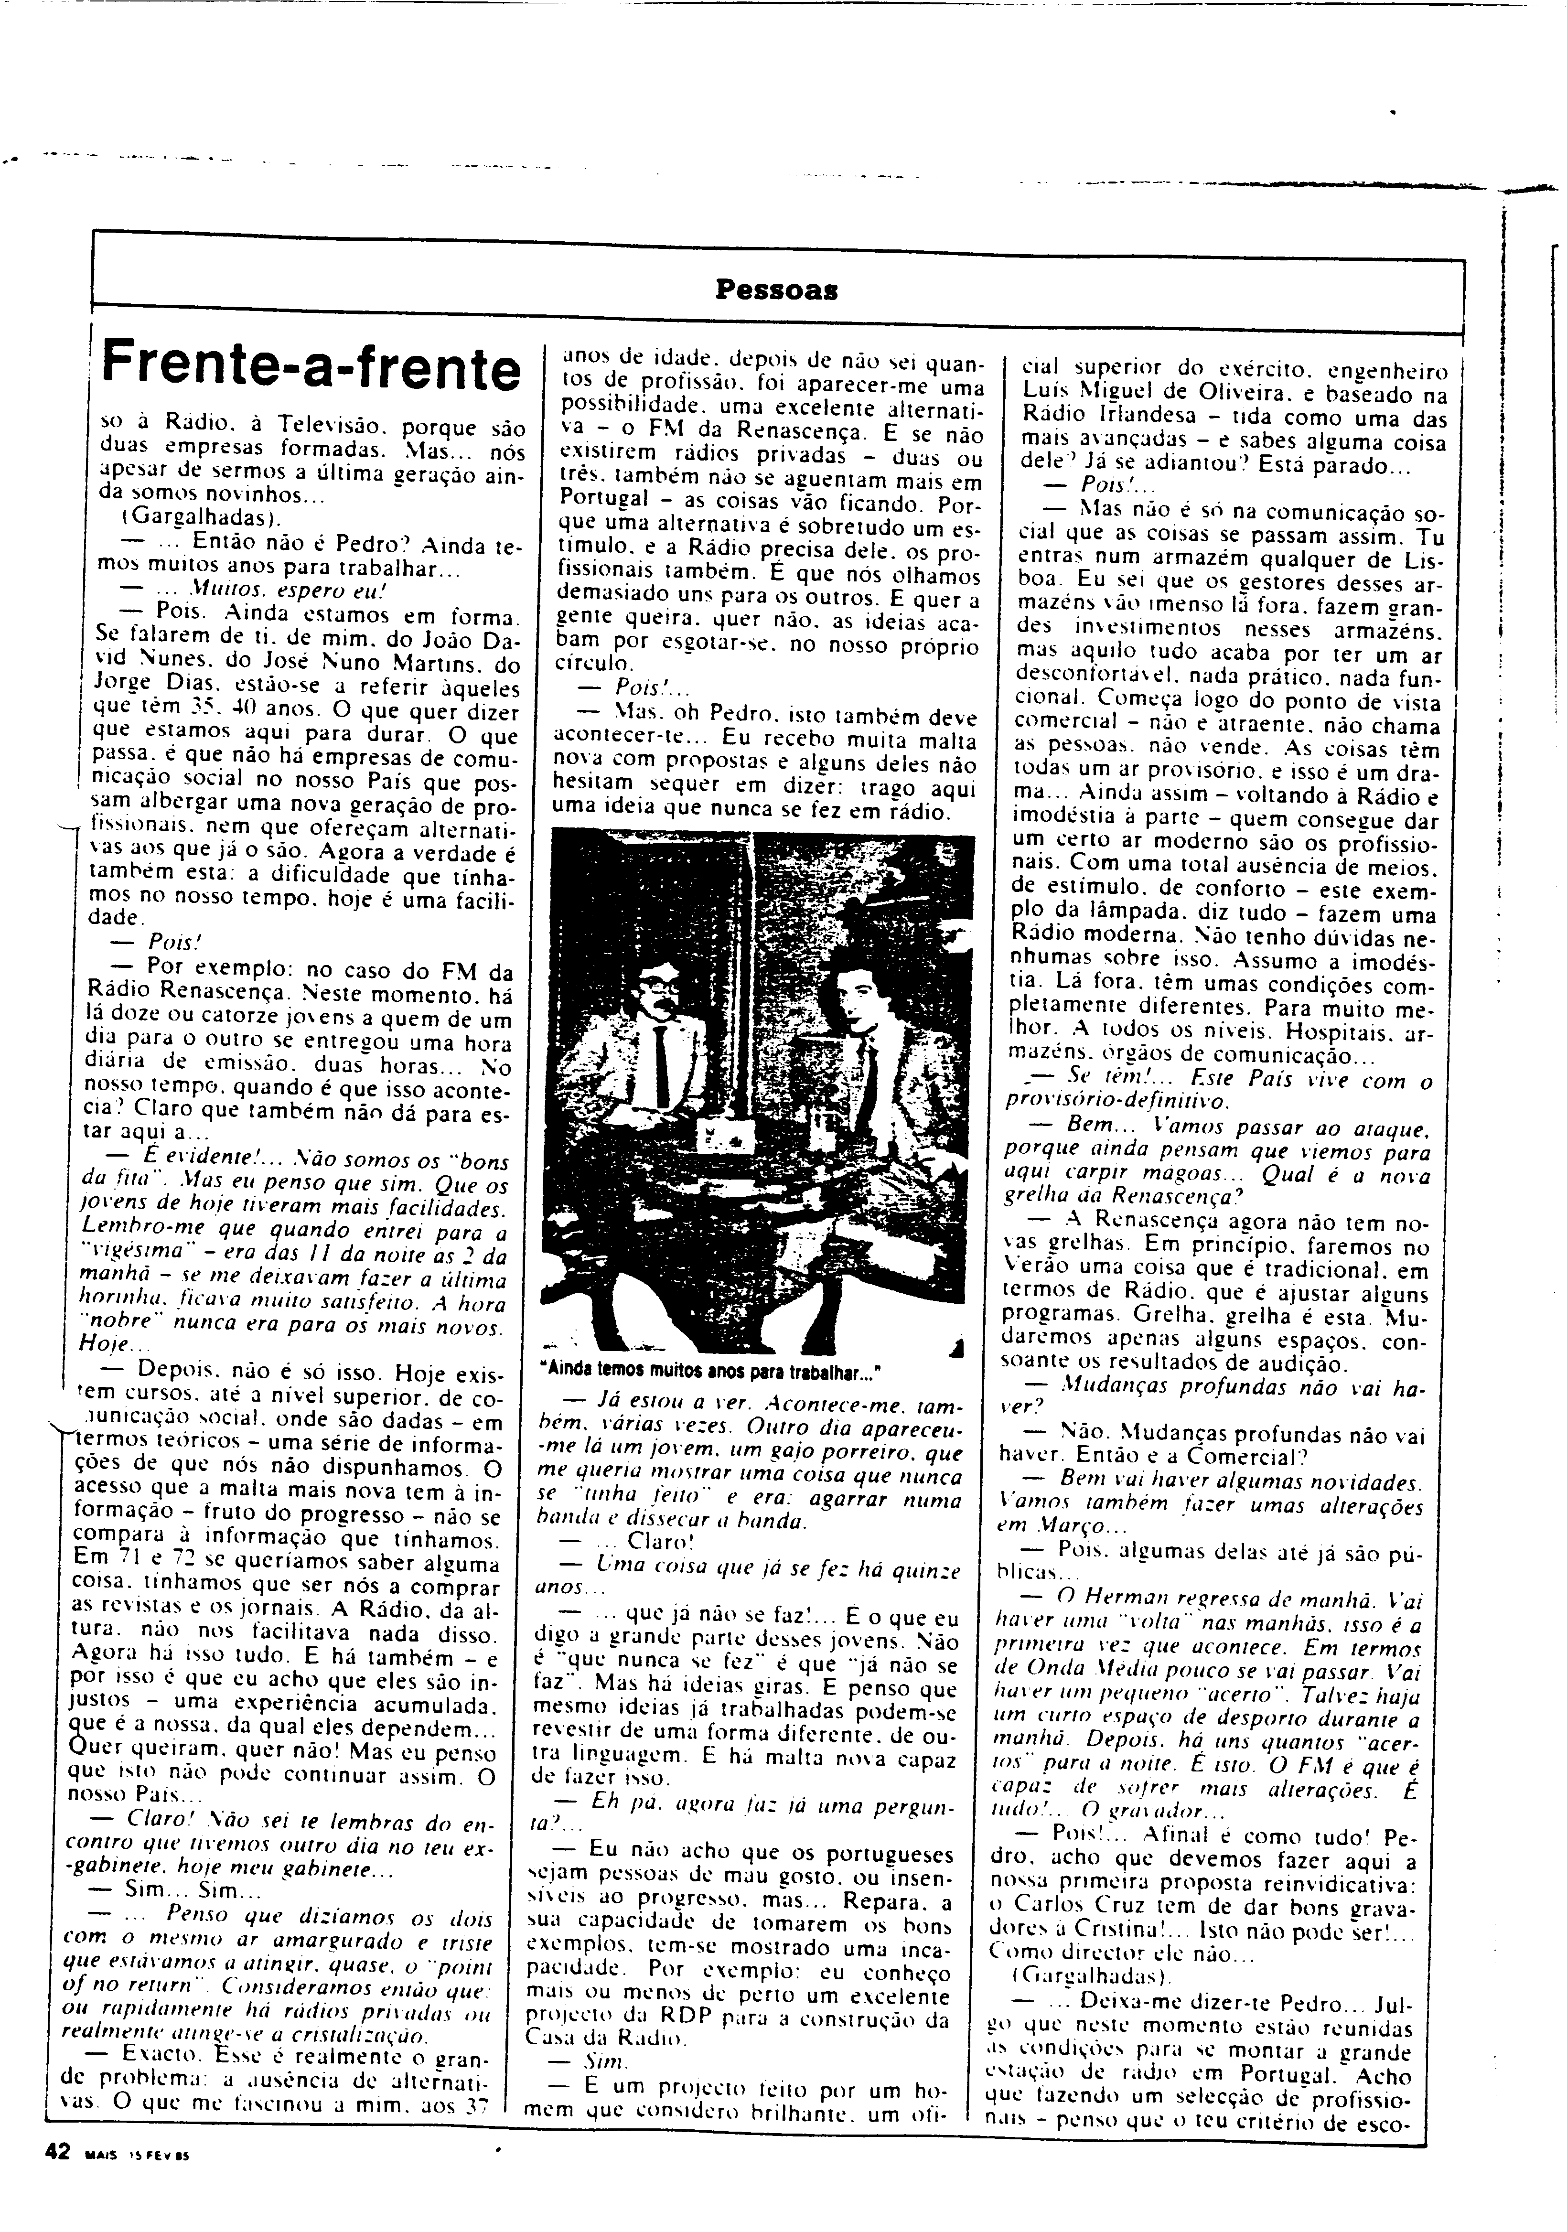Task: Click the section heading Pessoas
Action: click(x=777, y=290)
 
